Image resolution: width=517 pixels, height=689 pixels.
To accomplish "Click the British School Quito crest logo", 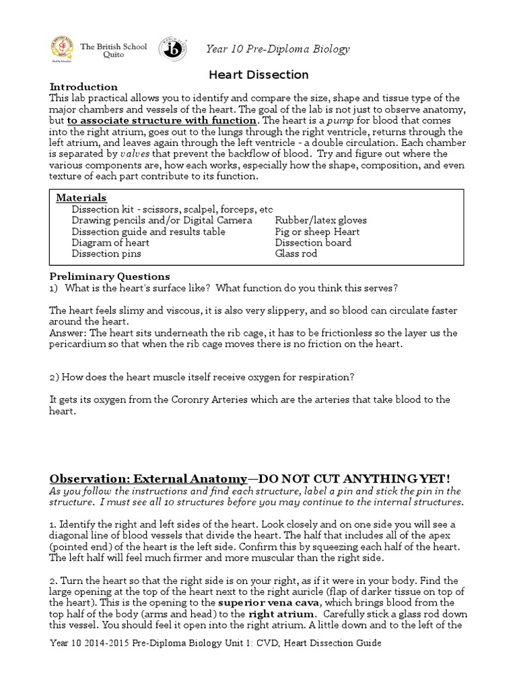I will click(63, 50).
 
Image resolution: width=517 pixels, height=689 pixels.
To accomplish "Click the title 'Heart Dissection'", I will click(258, 75).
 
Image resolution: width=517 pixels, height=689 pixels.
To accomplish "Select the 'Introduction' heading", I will click(84, 87).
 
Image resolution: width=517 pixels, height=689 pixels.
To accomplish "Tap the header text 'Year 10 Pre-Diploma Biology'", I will click(278, 49).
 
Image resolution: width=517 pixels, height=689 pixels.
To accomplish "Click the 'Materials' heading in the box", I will click(81, 198).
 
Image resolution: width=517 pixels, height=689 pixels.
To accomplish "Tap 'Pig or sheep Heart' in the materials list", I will click(317, 231).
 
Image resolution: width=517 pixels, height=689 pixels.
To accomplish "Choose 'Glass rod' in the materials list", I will click(296, 254).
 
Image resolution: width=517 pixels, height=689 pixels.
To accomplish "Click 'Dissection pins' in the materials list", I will click(106, 254).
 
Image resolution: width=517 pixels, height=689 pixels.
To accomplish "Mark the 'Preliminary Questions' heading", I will click(110, 277).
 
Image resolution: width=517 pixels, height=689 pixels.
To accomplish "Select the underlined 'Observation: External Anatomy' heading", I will click(149, 478).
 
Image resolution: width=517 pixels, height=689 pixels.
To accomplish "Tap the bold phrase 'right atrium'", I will click(281, 614).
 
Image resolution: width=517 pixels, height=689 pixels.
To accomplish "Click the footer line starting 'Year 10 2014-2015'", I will click(215, 644).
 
